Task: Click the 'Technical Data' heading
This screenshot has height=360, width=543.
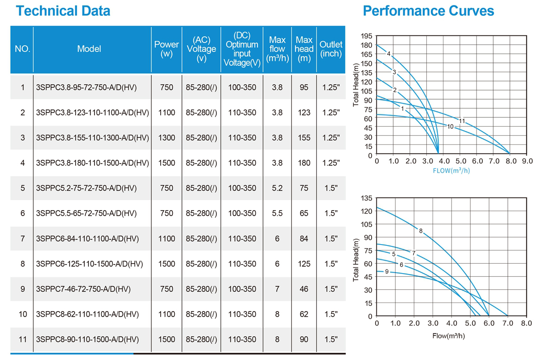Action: (63, 10)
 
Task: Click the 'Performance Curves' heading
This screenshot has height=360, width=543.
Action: (428, 10)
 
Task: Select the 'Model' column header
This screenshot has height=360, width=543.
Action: (89, 49)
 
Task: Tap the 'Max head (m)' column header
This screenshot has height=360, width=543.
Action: (304, 49)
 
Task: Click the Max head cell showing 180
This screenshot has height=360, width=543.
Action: (304, 163)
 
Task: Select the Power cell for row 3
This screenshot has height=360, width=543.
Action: (167, 138)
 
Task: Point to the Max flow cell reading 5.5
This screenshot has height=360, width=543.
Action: (277, 213)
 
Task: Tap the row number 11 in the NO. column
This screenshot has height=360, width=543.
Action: (23, 339)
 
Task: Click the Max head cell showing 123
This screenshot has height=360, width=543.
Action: (304, 112)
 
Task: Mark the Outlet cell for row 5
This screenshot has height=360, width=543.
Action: (331, 188)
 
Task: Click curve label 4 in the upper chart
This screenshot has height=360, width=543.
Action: (388, 53)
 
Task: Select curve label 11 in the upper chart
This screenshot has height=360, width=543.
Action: (462, 121)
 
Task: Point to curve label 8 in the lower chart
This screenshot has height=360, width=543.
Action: (420, 231)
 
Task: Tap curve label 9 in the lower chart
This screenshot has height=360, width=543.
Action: (386, 271)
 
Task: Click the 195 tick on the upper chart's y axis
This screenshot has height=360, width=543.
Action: (367, 36)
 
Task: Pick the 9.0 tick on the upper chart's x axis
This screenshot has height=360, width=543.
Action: (527, 161)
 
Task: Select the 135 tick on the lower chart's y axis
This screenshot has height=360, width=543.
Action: (367, 198)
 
